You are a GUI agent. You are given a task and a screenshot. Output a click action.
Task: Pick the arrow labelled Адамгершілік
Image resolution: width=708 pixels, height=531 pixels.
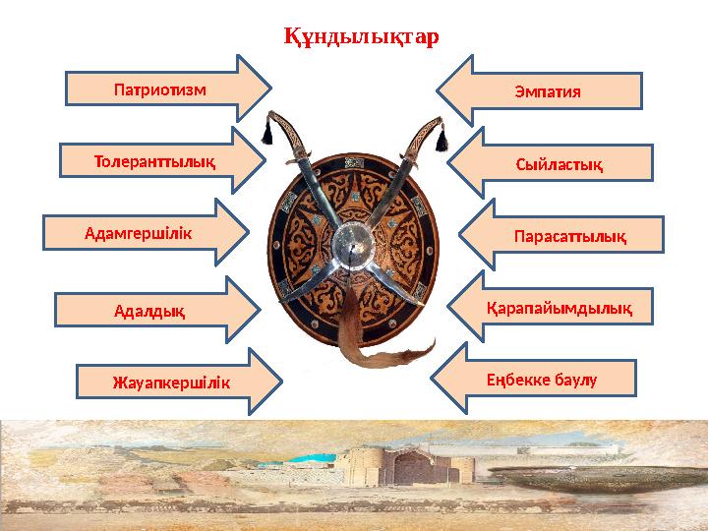(x=143, y=233)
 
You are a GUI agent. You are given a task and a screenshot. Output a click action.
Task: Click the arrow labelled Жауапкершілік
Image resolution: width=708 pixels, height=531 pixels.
(x=172, y=382)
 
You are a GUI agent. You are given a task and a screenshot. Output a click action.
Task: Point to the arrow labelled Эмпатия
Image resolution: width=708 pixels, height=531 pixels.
(x=546, y=90)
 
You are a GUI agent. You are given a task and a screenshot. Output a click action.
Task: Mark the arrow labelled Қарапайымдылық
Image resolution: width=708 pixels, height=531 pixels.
(x=556, y=309)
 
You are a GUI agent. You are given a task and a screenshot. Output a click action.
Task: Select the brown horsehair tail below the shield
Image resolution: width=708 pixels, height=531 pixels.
(x=369, y=349)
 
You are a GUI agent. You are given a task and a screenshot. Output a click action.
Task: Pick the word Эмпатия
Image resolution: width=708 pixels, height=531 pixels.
(x=548, y=91)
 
